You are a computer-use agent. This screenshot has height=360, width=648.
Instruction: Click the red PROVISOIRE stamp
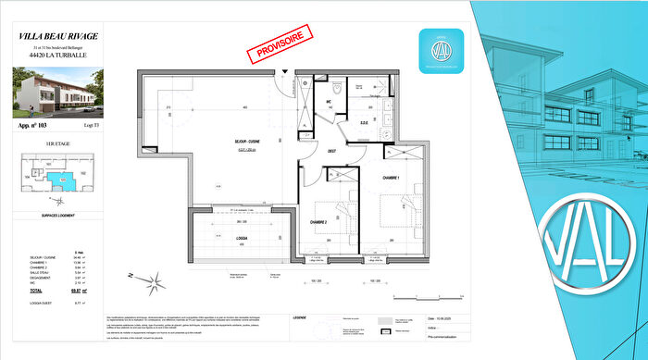click(x=280, y=45)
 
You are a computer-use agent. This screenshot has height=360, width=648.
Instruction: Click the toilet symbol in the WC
click(x=341, y=89)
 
